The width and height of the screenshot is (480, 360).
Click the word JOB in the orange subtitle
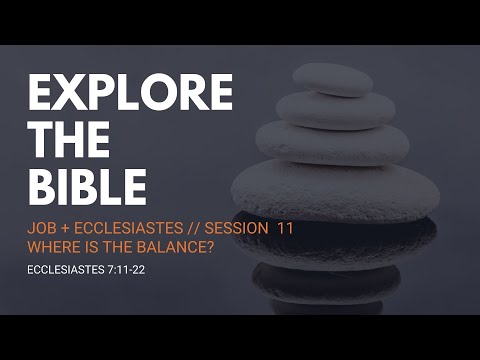(x=42, y=229)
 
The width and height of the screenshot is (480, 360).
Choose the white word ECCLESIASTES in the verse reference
(x=66, y=269)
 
